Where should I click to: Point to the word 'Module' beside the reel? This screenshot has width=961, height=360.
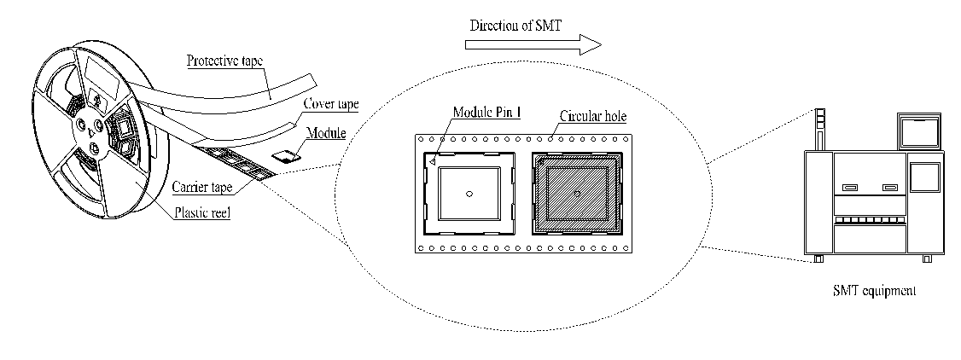[x=328, y=133]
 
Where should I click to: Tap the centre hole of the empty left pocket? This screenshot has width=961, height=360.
[x=469, y=194]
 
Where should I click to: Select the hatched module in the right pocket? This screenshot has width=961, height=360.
[x=577, y=194]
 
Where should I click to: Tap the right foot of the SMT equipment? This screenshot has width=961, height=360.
[x=928, y=258]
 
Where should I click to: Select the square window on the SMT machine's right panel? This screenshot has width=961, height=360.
[x=923, y=177]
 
